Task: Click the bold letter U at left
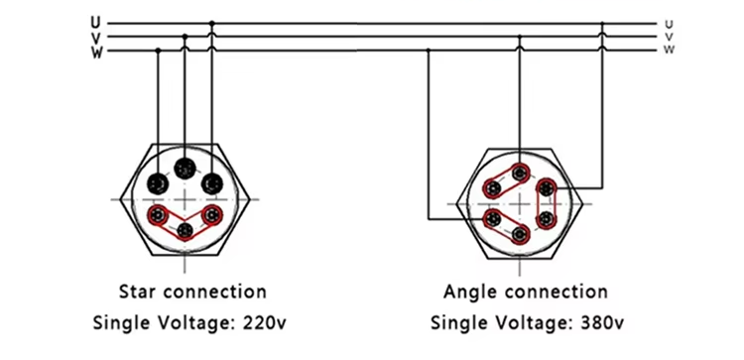[x=94, y=22]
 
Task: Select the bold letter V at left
[x=94, y=37]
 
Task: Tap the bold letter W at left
[x=94, y=52]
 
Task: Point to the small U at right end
[x=670, y=23]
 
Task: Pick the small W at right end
[x=670, y=49]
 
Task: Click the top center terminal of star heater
[x=185, y=168]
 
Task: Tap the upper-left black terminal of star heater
[x=158, y=183]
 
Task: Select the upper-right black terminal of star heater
[x=210, y=183]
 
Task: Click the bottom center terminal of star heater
[x=185, y=232]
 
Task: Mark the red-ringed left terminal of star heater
[x=157, y=215]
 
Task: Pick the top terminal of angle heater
[x=519, y=171]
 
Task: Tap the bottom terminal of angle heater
[x=519, y=234]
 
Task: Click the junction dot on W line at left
[x=158, y=51]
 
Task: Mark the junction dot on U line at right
[x=601, y=22]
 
